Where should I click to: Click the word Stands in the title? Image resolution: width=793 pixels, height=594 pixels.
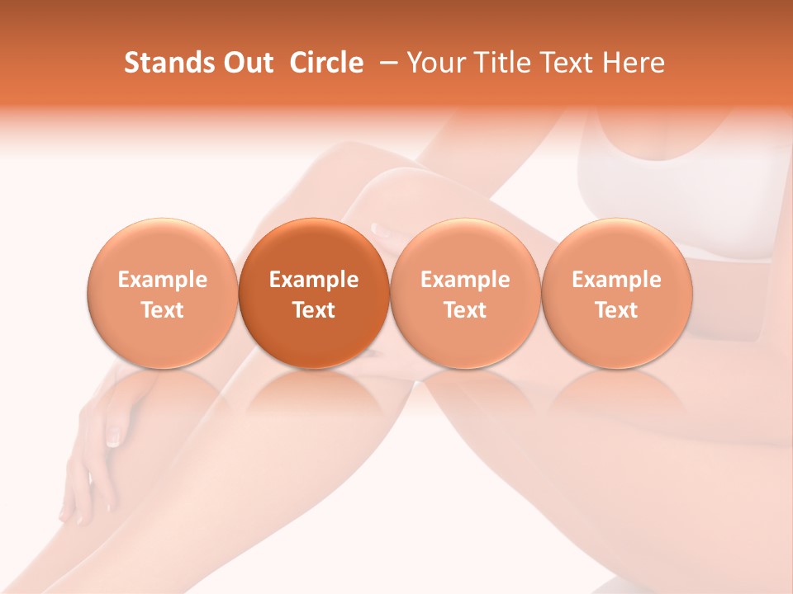click(167, 63)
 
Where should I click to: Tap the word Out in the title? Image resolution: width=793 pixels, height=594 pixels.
click(245, 63)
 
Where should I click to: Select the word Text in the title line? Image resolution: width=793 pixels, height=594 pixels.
click(565, 63)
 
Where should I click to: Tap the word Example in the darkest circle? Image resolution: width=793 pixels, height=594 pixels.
click(314, 280)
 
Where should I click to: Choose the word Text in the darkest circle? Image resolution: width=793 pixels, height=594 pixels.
click(314, 310)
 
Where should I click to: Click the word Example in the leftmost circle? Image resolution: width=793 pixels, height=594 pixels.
click(163, 280)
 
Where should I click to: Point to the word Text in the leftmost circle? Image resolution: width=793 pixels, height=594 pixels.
click(163, 310)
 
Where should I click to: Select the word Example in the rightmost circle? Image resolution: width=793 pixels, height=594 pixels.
click(616, 280)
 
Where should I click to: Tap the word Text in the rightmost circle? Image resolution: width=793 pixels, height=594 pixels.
click(616, 310)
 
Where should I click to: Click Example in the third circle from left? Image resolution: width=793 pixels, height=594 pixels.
click(465, 280)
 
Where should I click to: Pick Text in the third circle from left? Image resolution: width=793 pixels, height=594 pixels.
click(465, 310)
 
